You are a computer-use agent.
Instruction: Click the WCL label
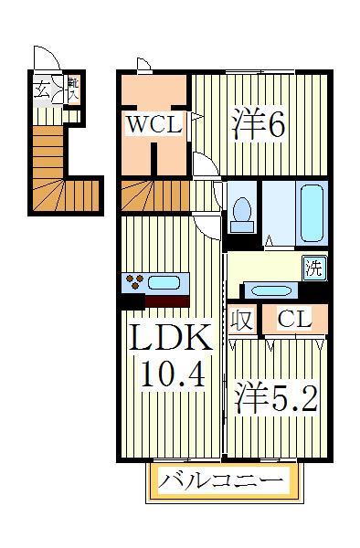coord(154,125)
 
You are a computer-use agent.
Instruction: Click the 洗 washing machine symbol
coord(314,269)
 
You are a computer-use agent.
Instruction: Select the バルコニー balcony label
coord(224,479)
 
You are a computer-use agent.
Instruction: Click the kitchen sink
coord(165,282)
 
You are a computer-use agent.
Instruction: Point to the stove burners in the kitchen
coord(134,282)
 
